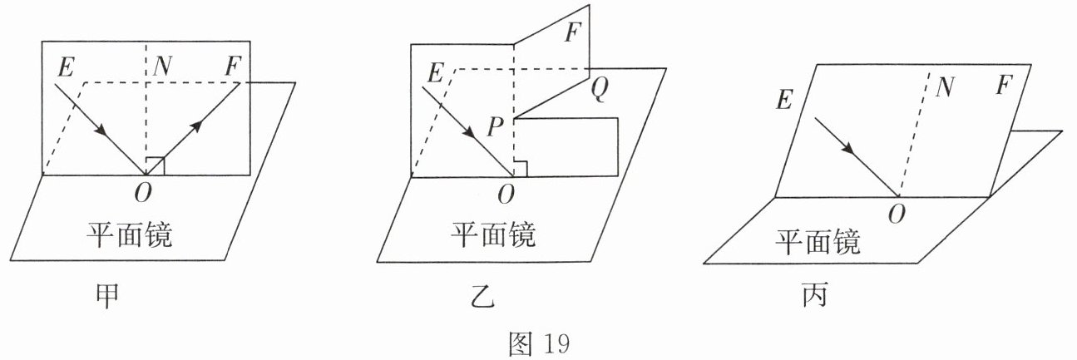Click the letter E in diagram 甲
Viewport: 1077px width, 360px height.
(x=66, y=67)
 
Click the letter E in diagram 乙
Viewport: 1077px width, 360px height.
(x=432, y=75)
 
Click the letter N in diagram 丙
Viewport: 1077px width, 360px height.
(x=942, y=86)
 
